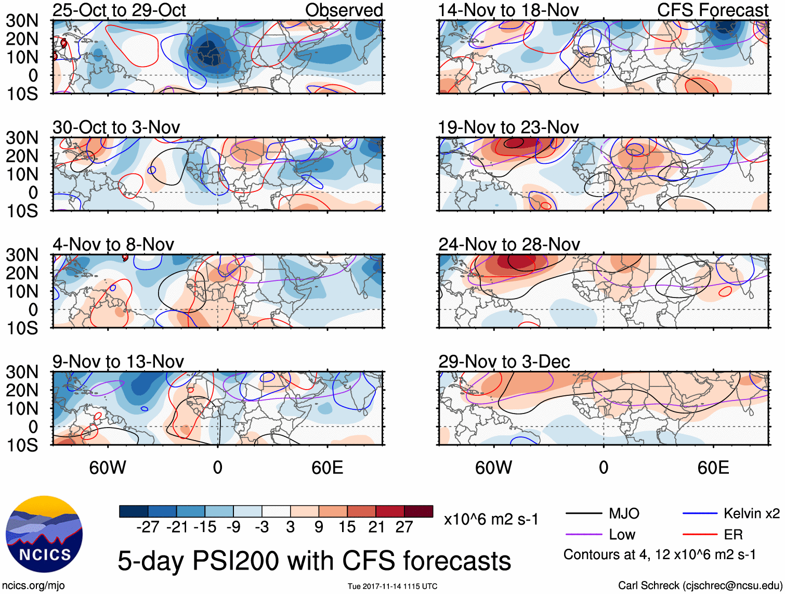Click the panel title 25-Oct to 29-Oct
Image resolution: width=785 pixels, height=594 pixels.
point(119,10)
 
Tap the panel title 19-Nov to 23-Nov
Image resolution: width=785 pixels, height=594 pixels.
point(508,127)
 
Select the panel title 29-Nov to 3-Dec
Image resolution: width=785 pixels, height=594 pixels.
point(504,361)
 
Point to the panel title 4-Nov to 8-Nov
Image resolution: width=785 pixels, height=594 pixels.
point(113,244)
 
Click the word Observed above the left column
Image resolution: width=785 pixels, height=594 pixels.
point(344,10)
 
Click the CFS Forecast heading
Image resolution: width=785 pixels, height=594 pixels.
point(712,10)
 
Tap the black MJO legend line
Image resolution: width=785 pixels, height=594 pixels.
point(584,514)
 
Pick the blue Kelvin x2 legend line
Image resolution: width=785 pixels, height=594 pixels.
point(700,514)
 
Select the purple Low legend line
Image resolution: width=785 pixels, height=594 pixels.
point(584,535)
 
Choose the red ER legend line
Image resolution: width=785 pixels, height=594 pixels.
point(700,535)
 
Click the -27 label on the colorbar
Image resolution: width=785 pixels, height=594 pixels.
point(148,527)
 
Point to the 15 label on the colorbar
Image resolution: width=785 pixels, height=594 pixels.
point(347,527)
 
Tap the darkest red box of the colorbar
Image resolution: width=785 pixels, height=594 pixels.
point(418,511)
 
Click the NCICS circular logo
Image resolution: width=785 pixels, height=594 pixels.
point(44,534)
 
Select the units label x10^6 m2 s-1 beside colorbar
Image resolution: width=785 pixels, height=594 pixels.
point(491,519)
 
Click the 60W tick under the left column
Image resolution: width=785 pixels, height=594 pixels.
point(108,468)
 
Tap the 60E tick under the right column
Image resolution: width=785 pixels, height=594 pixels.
point(713,468)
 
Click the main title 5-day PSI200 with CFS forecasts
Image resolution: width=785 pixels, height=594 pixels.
point(314,561)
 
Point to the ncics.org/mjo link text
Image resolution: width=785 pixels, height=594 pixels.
point(33,586)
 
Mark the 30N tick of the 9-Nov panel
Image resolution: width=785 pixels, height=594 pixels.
point(22,372)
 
